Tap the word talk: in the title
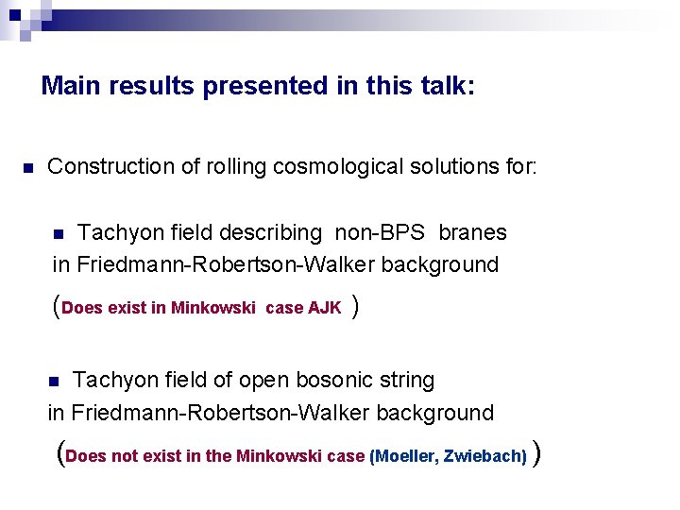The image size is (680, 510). click(x=442, y=87)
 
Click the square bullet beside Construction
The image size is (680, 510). click(x=27, y=168)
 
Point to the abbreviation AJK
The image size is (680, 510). click(x=325, y=308)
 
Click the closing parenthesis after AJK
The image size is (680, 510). click(x=354, y=306)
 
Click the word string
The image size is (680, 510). click(x=408, y=382)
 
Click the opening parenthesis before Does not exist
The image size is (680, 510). click(x=60, y=454)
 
